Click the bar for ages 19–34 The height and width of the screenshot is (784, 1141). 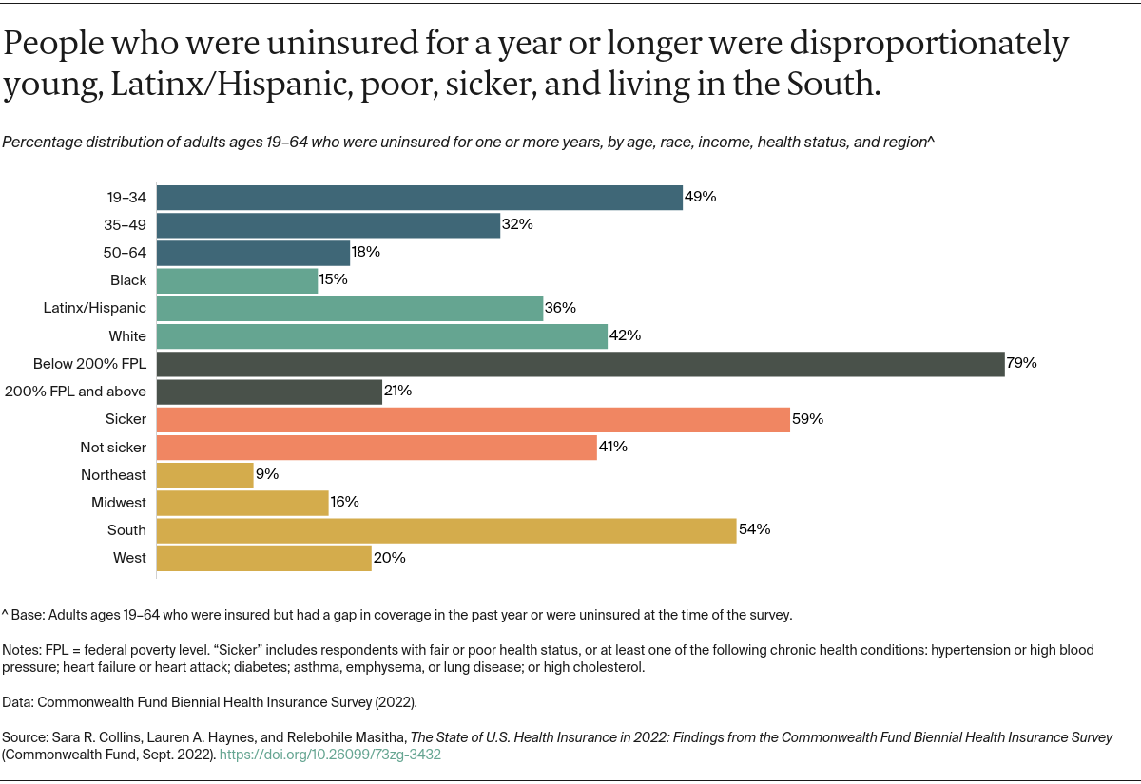point(419,198)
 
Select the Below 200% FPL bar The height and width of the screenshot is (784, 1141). point(580,364)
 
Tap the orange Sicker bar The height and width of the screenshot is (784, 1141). point(473,419)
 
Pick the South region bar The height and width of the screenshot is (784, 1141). point(446,530)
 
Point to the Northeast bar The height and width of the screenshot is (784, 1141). point(204,475)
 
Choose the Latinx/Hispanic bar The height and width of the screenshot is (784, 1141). point(349,309)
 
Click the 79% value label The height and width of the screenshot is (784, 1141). point(1021,363)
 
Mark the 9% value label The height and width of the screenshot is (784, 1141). point(267,474)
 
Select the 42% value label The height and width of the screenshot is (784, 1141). point(625,335)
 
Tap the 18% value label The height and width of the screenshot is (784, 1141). point(366,252)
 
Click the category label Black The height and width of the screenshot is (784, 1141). point(128,280)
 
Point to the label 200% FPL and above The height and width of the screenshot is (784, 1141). point(76,392)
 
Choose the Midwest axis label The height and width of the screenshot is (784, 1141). point(119,503)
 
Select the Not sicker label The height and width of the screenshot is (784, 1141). point(113,447)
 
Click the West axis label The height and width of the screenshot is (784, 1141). point(130,558)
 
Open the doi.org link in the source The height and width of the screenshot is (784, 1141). point(330,755)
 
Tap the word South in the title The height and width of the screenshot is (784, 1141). point(825,85)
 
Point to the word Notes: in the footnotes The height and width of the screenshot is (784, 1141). point(23,651)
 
